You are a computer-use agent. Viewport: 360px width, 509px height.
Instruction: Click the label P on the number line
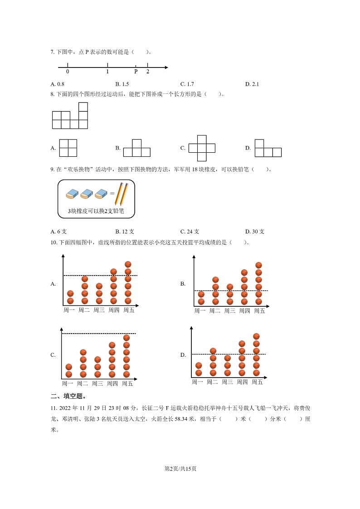pos(136,72)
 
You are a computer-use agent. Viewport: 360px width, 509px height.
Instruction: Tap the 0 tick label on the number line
pos(68,72)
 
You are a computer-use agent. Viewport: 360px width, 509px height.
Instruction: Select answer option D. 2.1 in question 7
pos(252,84)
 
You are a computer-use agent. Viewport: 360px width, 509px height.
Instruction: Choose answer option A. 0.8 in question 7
pos(58,84)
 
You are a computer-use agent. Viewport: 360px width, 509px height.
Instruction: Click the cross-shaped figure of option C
pos(202,148)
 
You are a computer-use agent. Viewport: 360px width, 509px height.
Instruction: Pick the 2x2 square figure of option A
pos(68,148)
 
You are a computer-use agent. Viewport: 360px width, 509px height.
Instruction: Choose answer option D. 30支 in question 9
pos(255,231)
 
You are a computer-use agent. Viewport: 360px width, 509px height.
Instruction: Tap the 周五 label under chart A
pos(128,310)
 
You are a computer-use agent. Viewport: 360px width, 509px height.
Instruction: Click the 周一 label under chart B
pos(200,311)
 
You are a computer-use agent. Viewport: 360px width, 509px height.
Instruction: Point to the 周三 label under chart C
pos(97,383)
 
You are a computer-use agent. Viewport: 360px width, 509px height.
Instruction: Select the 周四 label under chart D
pos(242,382)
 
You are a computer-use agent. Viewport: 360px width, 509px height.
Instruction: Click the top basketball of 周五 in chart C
pos(126,338)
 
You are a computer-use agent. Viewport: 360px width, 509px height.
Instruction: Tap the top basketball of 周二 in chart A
pos(85,279)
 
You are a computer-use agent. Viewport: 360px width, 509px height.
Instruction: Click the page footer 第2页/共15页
pos(180,468)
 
